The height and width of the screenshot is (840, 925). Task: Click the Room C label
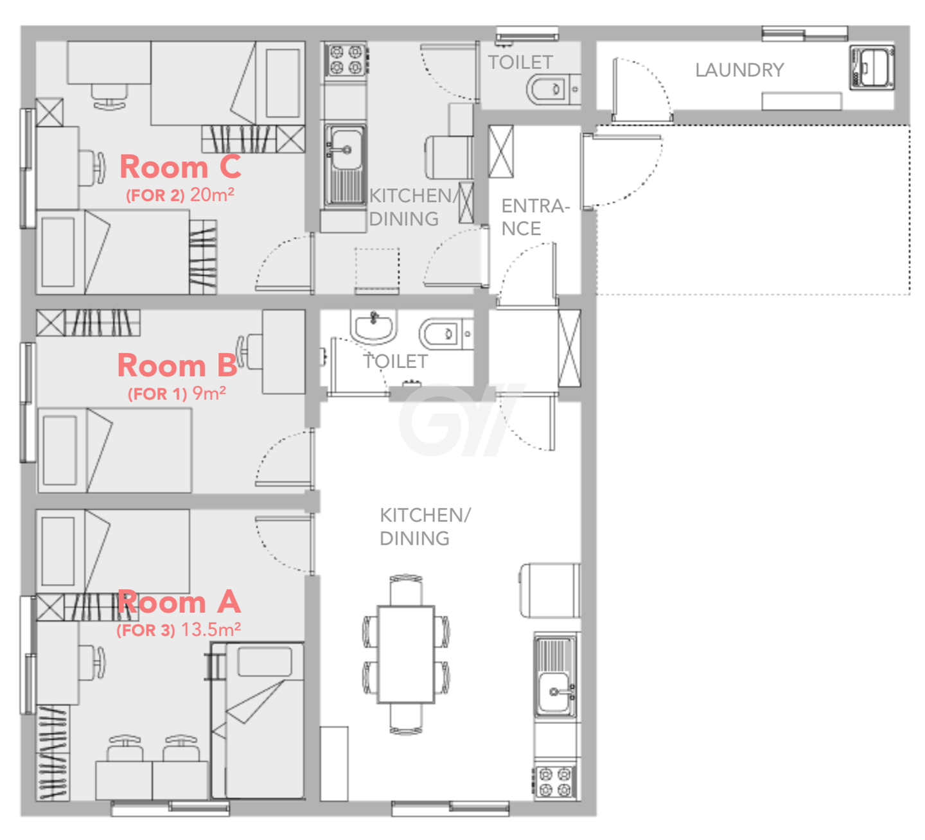tap(180, 166)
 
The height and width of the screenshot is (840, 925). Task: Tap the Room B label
tap(177, 365)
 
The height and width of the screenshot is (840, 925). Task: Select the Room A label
tap(179, 602)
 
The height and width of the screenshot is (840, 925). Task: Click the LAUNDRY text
tap(739, 70)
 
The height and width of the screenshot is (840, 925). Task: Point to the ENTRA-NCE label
tap(535, 217)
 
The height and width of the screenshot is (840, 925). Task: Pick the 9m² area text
tap(209, 393)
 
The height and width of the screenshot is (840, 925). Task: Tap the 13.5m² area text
tap(211, 629)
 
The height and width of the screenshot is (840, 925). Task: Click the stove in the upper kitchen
tap(346, 60)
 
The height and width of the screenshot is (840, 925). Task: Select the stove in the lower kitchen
tap(555, 782)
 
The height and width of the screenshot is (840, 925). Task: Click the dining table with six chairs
tap(406, 654)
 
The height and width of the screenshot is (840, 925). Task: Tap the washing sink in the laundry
tap(872, 67)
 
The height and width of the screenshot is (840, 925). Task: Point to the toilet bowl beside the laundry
tap(552, 89)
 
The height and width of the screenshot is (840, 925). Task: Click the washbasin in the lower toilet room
tap(373, 326)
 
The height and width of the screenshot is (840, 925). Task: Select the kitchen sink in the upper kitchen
tap(345, 164)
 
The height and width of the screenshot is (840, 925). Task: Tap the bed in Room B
tap(114, 450)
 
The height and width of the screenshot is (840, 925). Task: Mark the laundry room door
tap(642, 89)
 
